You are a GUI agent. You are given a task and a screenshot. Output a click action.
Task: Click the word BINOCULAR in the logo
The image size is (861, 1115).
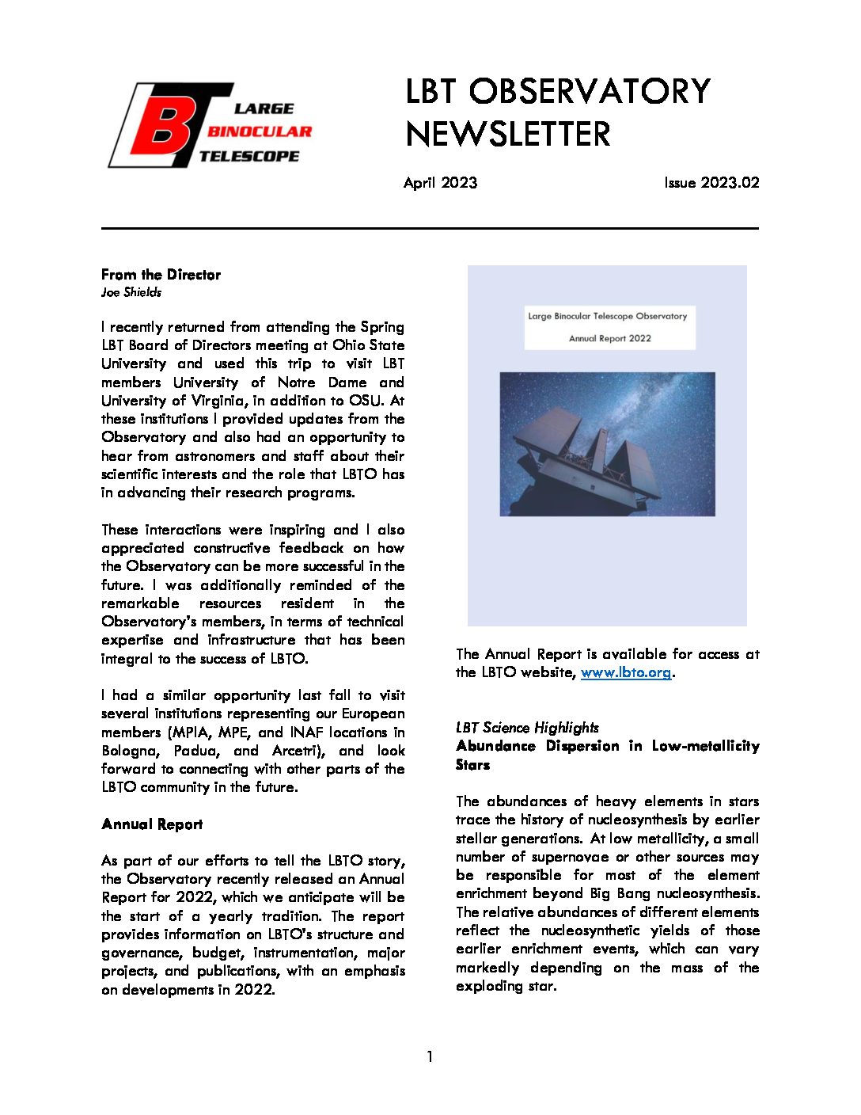(259, 131)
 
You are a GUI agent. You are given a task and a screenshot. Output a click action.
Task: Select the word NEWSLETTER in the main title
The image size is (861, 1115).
(508, 134)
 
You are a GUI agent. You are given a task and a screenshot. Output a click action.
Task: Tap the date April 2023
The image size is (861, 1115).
(440, 183)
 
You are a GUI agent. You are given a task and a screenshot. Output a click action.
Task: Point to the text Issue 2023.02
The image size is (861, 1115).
(711, 183)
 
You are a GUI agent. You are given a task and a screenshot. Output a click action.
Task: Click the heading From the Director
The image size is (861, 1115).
(161, 275)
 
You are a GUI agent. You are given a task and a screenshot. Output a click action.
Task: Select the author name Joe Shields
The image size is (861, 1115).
(131, 292)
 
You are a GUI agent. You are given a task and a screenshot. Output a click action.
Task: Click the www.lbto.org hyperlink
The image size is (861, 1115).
(625, 672)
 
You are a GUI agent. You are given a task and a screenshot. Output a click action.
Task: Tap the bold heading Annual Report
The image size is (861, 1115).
(152, 824)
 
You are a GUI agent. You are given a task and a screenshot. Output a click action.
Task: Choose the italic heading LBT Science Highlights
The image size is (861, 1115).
(527, 728)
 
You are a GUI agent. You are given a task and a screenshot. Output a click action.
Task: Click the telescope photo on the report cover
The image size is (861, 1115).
(607, 444)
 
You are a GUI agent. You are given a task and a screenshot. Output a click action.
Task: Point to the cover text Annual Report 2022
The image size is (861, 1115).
(609, 338)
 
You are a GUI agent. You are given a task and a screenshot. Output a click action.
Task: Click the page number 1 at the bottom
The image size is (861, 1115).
(430, 1056)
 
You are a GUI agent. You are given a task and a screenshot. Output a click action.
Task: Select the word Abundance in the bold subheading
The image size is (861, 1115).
(495, 746)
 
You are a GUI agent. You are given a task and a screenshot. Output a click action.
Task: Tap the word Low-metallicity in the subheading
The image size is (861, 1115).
(705, 746)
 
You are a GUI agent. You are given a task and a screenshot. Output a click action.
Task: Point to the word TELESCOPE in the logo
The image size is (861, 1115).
(248, 156)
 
